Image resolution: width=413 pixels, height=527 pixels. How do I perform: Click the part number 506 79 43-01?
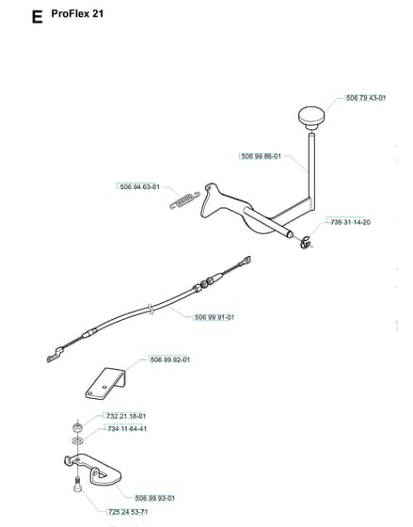click(x=366, y=98)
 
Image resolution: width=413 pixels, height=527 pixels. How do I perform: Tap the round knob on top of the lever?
click(x=311, y=118)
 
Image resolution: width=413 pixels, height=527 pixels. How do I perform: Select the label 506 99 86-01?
click(x=262, y=156)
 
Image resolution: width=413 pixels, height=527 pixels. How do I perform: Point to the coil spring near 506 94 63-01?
click(x=184, y=200)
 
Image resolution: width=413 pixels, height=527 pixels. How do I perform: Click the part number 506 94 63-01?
click(x=140, y=187)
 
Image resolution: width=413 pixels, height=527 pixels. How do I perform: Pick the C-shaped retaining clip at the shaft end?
click(x=307, y=243)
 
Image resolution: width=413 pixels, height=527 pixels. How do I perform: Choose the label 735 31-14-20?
click(x=351, y=222)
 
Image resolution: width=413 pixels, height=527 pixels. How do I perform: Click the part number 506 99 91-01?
click(x=214, y=317)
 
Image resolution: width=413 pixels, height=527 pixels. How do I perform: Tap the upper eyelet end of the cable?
click(x=245, y=262)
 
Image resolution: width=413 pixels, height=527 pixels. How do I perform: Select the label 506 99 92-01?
click(x=170, y=359)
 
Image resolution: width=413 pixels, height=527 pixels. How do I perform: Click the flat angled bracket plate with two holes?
click(x=105, y=384)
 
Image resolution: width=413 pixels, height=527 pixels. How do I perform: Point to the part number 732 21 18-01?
click(x=126, y=416)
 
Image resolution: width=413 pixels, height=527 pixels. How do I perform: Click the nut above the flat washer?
click(x=78, y=428)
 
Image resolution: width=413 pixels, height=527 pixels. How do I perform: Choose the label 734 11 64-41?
click(x=127, y=429)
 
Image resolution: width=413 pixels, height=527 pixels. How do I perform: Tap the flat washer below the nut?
click(x=77, y=440)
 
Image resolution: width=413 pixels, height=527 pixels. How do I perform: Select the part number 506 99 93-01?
click(x=155, y=498)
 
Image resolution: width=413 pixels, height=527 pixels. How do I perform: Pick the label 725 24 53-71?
click(x=128, y=512)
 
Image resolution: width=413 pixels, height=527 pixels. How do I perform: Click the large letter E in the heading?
click(x=37, y=17)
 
